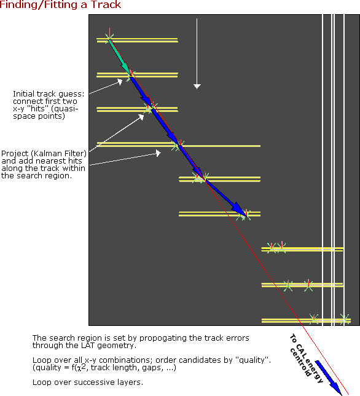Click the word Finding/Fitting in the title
(38, 5)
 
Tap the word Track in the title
(106, 4)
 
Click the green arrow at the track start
(119, 56)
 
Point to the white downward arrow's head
(197, 86)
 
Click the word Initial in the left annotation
(24, 94)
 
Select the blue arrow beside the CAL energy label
(329, 378)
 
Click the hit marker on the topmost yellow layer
(109, 38)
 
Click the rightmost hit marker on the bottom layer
(345, 319)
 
